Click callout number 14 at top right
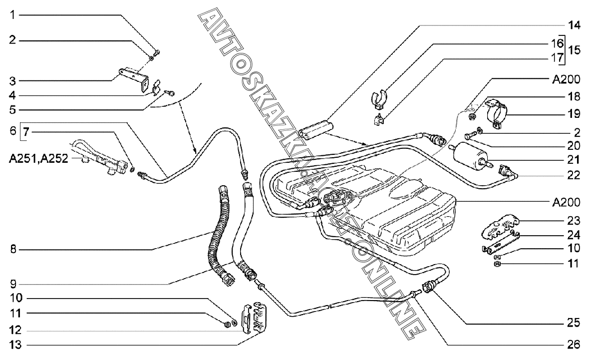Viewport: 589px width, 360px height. pos(574,25)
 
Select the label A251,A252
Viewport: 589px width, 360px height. pos(39,159)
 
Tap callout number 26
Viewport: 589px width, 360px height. pos(573,345)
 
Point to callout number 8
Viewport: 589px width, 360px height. pos(13,249)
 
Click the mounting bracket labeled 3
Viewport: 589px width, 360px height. pos(133,78)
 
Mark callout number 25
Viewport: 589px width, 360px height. pos(573,323)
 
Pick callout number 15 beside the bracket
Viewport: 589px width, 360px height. pos(574,49)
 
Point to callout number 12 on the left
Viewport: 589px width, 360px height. pos(15,331)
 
